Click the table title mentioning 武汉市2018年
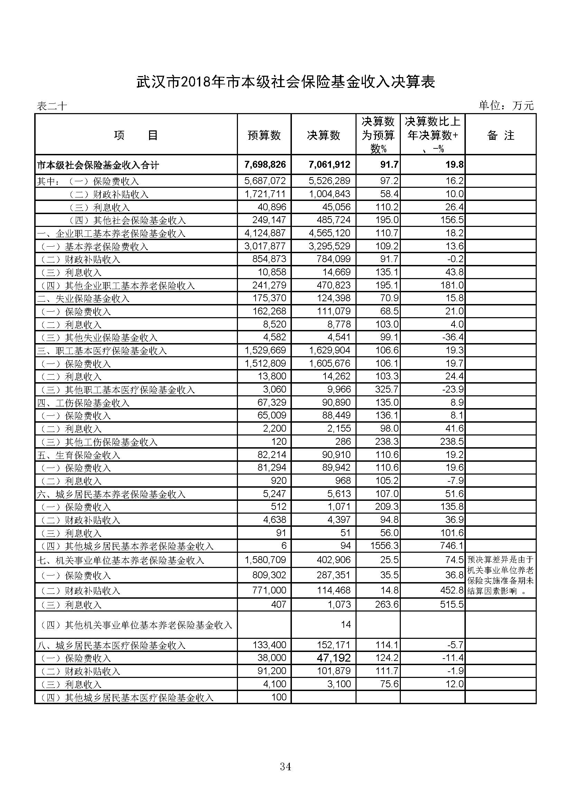click(286, 82)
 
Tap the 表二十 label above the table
click(52, 106)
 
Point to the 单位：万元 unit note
click(506, 105)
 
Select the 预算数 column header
click(264, 135)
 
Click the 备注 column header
click(500, 135)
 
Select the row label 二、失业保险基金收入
click(83, 299)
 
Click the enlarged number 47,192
click(333, 658)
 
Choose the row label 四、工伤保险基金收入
click(83, 403)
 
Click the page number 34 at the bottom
click(285, 766)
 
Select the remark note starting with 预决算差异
click(500, 575)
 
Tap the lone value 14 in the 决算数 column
click(345, 625)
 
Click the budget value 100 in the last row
click(279, 697)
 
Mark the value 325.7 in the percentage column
click(387, 389)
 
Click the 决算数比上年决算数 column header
click(433, 135)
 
